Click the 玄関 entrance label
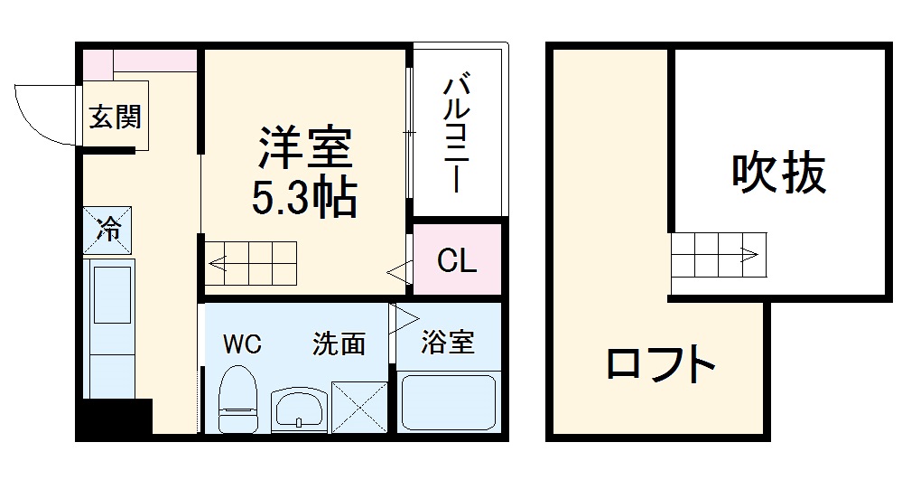[x=114, y=117]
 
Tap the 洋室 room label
[x=305, y=149]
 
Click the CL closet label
[x=456, y=261]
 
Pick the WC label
[x=242, y=344]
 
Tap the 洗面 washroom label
[x=339, y=344]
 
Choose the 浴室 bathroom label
[x=448, y=343]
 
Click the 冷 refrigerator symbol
[x=108, y=230]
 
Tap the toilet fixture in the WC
[x=239, y=398]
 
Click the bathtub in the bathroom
[x=448, y=403]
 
